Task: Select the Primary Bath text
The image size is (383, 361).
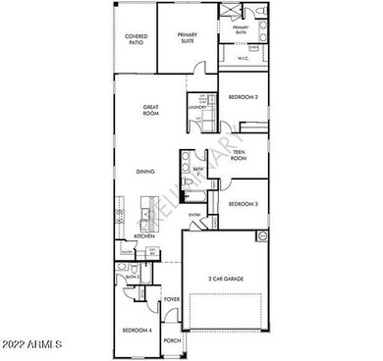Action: (241, 30)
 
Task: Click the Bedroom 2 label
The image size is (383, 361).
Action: (243, 98)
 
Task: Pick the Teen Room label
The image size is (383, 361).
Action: (237, 154)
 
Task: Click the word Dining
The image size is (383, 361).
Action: (145, 172)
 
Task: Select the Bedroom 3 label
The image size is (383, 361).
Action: (243, 203)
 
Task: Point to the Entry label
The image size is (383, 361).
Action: (194, 215)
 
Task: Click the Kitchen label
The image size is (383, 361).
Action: (145, 236)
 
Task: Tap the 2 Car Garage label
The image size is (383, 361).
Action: (225, 280)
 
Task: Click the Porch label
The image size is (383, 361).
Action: (172, 340)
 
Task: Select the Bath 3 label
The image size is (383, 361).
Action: (131, 278)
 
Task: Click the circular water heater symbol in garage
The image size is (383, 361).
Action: (262, 236)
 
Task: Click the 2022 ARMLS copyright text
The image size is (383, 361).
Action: (32, 344)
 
